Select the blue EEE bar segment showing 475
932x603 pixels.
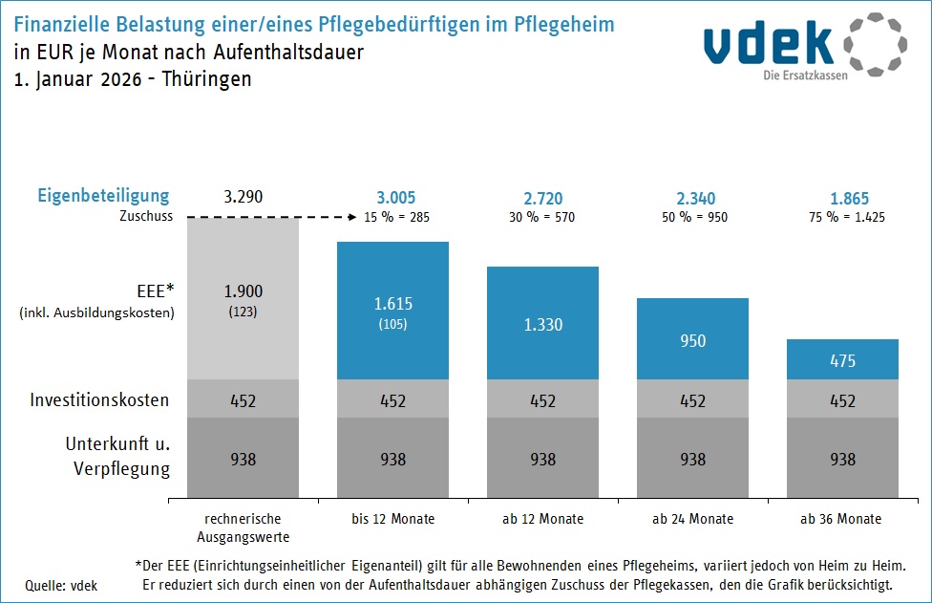pos(842,359)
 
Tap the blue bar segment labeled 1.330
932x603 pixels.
pos(542,323)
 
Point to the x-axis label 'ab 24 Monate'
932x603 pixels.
pos(692,519)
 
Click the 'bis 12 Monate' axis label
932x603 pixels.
pos(392,519)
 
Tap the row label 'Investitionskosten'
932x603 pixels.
pos(99,399)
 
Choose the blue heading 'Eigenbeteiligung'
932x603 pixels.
pos(103,196)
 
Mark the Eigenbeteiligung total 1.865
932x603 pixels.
pos(842,198)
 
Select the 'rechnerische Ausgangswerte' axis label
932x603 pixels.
pos(243,528)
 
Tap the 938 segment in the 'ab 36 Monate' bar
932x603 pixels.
pos(842,459)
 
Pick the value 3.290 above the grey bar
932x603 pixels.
pos(243,198)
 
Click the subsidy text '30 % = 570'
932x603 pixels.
pos(542,217)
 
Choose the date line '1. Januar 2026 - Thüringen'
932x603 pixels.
pos(133,79)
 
